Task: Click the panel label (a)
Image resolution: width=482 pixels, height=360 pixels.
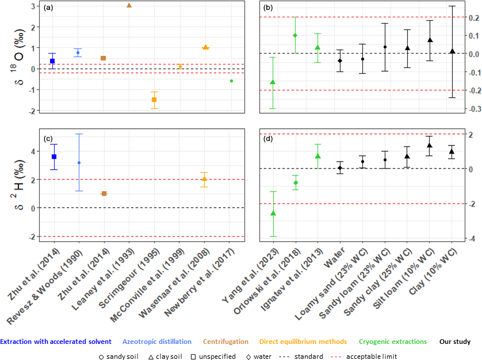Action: (49, 8)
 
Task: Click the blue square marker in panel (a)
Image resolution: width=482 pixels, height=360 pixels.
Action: (52, 61)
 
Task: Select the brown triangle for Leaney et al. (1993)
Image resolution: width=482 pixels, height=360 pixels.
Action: (129, 5)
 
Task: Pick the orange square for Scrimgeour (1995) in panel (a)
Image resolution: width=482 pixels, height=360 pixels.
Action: (154, 99)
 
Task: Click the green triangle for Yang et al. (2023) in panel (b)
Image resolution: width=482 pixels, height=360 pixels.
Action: (273, 82)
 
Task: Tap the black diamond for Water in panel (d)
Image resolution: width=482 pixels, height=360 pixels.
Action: (340, 168)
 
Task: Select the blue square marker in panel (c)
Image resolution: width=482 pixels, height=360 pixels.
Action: (53, 156)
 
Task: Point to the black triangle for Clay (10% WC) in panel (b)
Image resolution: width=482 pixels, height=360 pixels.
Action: (452, 51)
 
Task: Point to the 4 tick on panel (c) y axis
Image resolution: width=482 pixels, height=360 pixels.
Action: (33, 151)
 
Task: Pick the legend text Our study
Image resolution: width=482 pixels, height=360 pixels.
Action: (454, 342)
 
